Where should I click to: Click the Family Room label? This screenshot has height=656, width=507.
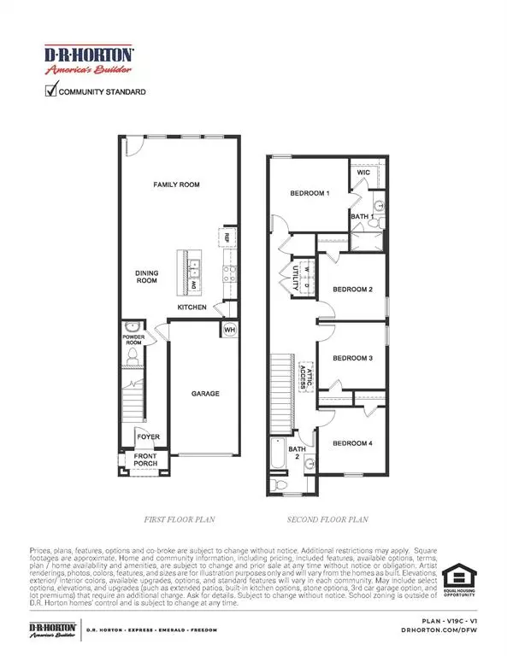(x=176, y=184)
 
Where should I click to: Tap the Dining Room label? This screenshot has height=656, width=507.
(x=146, y=277)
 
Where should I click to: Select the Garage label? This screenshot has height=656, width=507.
(x=204, y=394)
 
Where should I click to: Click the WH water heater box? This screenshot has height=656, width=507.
(x=228, y=330)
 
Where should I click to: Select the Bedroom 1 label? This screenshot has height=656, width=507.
(x=310, y=194)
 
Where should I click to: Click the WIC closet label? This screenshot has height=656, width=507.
(x=363, y=173)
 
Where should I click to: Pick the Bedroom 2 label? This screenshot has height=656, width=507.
(x=352, y=290)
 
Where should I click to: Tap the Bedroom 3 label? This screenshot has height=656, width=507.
(x=352, y=358)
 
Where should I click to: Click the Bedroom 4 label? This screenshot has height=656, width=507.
(x=352, y=443)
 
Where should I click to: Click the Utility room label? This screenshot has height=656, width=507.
(x=286, y=276)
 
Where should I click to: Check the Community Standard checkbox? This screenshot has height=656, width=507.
(x=50, y=91)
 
